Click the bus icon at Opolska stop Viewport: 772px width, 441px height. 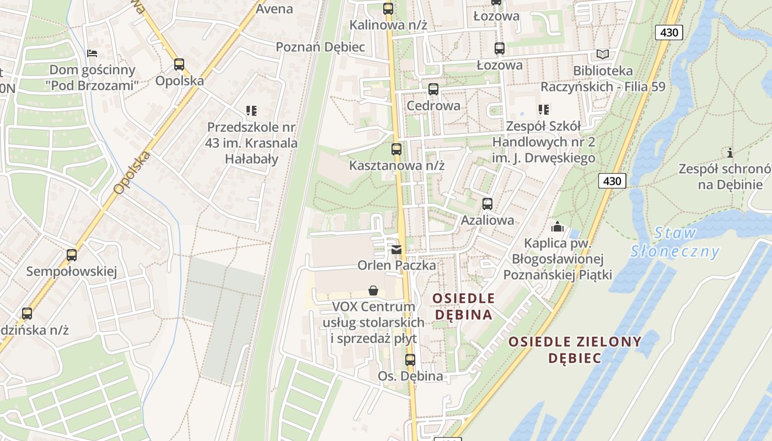coord(179,64)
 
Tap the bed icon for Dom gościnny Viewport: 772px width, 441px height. coord(92,53)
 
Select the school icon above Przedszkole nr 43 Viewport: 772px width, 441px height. coord(251,110)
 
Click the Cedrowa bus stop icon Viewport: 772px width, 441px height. coord(433,89)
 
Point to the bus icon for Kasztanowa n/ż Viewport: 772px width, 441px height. coord(396,149)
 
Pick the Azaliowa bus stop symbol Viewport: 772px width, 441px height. coord(487,204)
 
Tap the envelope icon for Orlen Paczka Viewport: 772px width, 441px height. coord(396,250)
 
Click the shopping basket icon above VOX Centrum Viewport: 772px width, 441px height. coord(373,291)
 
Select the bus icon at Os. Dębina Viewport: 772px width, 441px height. coord(410,360)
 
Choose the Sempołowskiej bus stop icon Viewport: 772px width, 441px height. coord(72,255)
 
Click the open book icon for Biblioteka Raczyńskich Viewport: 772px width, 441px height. coord(603,55)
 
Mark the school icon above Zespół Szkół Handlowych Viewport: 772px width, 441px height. coord(544,110)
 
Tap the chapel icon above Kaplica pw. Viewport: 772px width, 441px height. coord(557,227)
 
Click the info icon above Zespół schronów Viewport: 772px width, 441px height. coord(730,153)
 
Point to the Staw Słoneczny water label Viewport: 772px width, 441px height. coord(675,243)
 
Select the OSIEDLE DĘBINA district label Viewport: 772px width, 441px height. coord(463,306)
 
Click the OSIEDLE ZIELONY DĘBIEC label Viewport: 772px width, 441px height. coord(575,349)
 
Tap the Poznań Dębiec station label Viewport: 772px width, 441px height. coord(320,47)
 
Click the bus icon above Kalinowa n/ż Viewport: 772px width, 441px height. coord(388,9)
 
